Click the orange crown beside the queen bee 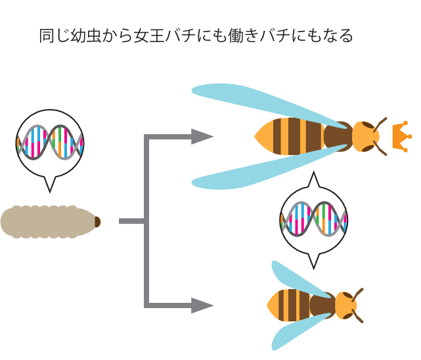coord(399,136)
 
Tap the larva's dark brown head coord(97,222)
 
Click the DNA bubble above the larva coord(50,143)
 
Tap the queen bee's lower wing coord(263,172)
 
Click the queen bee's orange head coord(365,136)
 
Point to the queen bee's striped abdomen coord(289,136)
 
